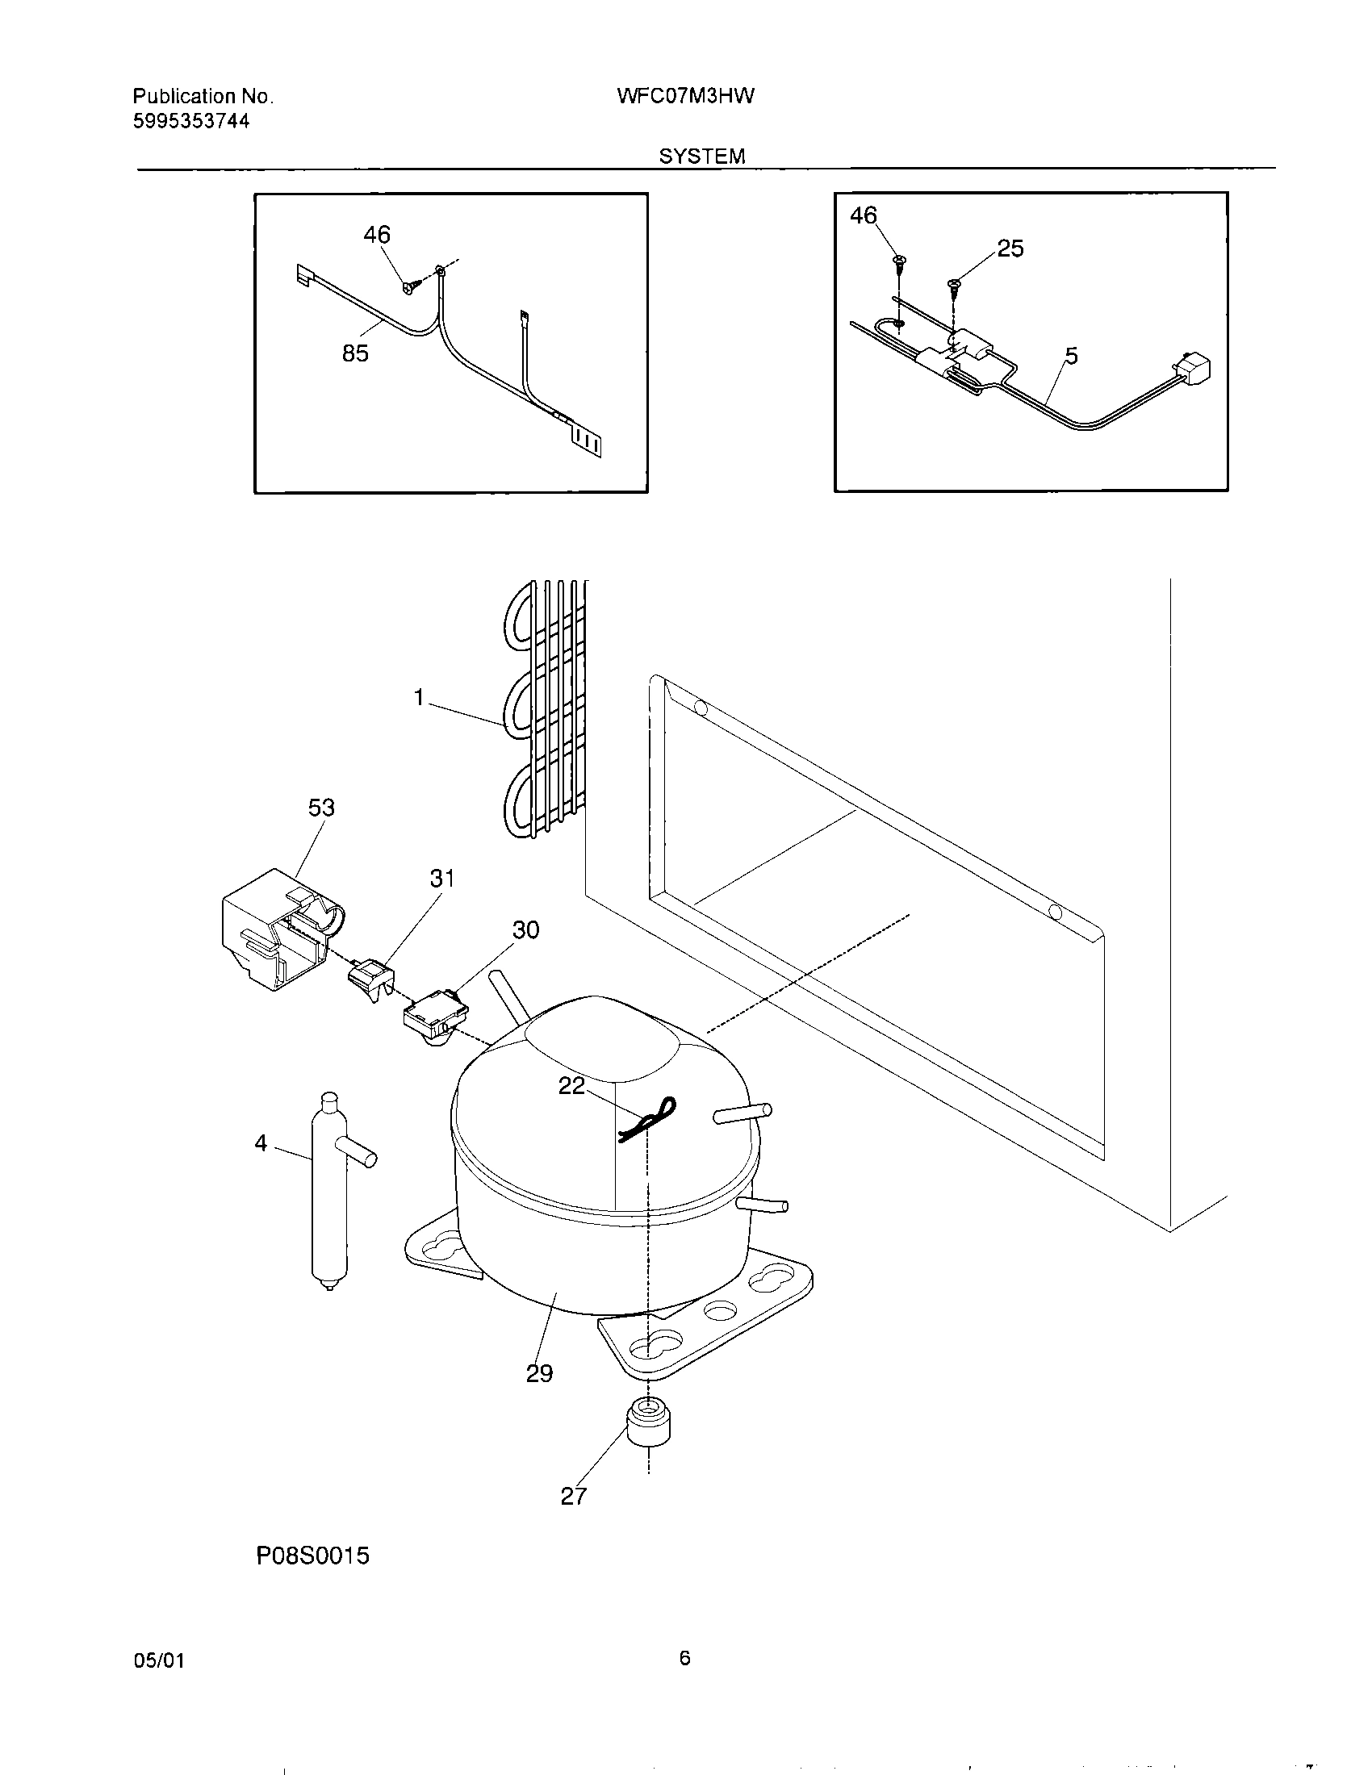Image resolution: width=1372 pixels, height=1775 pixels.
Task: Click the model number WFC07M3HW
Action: point(686,97)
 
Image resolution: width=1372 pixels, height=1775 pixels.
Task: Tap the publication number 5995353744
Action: point(191,122)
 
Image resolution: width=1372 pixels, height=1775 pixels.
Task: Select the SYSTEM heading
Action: point(701,156)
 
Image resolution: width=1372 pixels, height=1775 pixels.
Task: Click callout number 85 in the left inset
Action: point(355,353)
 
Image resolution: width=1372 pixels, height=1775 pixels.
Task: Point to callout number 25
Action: point(1010,248)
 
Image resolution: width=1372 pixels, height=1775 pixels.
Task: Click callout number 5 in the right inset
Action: point(1071,356)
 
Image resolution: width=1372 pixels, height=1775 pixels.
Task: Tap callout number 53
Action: point(321,808)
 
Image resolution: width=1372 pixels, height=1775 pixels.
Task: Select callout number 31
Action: point(442,879)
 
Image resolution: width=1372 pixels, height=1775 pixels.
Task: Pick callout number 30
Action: point(526,929)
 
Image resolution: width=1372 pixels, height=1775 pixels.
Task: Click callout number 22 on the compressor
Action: point(571,1087)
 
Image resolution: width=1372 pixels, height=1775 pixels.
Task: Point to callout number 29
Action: point(540,1373)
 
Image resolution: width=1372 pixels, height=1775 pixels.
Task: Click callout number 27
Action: point(573,1496)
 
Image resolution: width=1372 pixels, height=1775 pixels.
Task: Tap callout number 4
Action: point(261,1143)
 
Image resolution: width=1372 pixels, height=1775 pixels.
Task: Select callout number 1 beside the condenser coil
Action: point(420,697)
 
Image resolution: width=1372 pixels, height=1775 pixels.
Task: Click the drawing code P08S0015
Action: point(313,1556)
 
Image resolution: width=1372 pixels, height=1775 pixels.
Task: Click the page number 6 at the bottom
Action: point(684,1658)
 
